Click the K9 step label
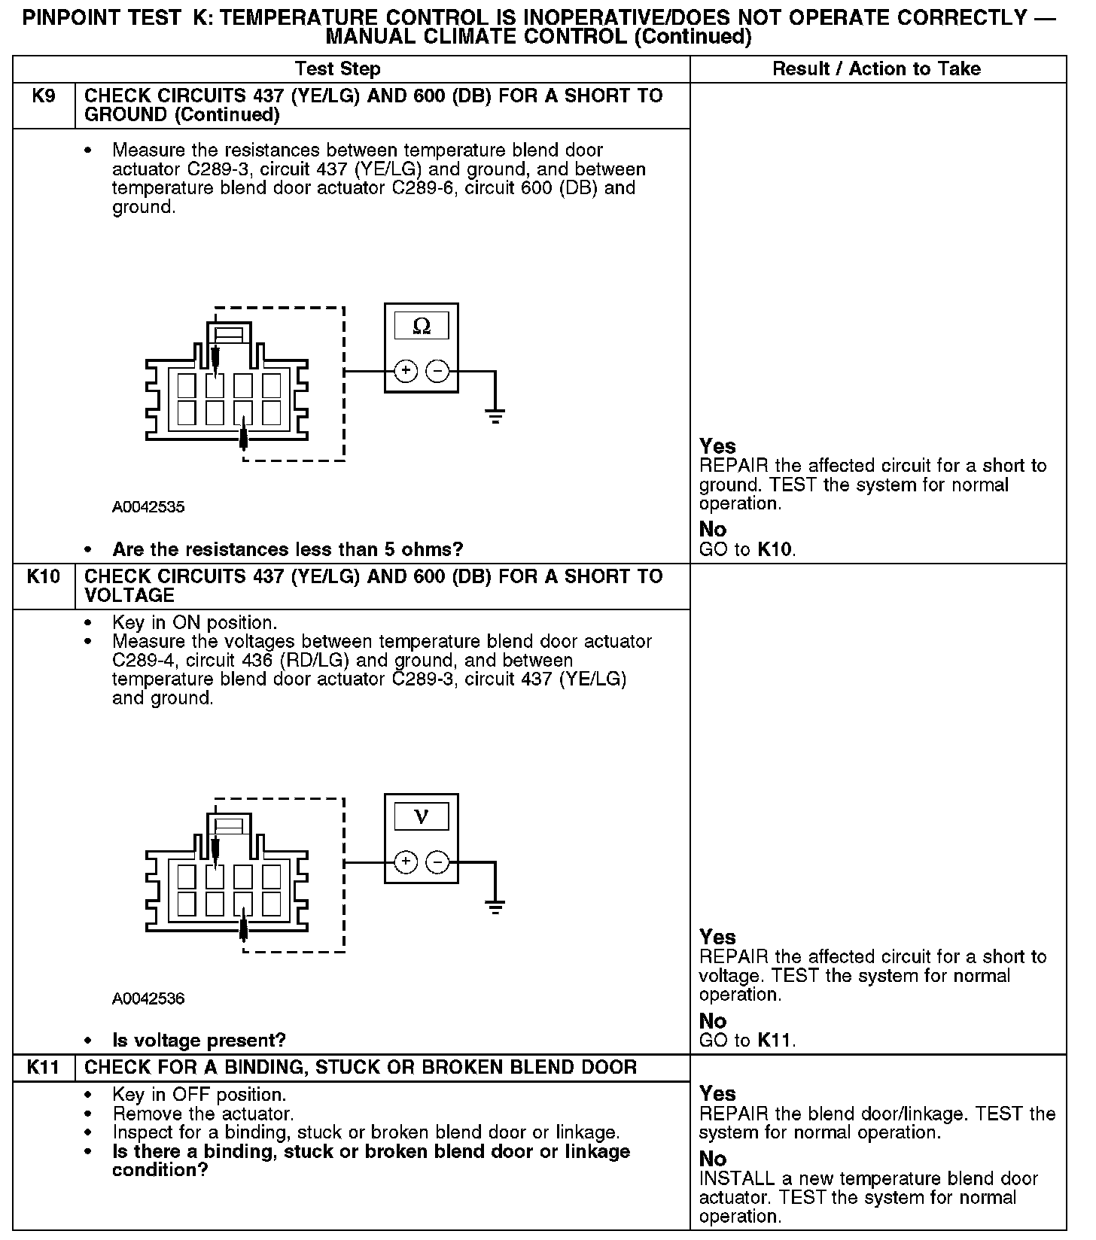pos(44,96)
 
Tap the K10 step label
pos(44,577)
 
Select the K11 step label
pos(44,1067)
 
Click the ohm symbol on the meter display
pos(422,327)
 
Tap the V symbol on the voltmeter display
pos(422,816)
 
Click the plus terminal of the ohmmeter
pos(406,371)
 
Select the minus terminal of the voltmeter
pos(438,862)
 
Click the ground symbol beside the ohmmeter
pos(495,416)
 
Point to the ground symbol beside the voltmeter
pos(495,907)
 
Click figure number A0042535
pos(148,507)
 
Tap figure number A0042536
pos(148,998)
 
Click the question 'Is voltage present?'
pos(199,1041)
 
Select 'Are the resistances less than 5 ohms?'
pos(288,550)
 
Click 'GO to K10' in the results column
pos(747,550)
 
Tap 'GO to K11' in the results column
pos(747,1041)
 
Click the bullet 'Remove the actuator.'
pos(203,1114)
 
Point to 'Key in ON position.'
pos(194,623)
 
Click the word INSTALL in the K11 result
pos(735,1178)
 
